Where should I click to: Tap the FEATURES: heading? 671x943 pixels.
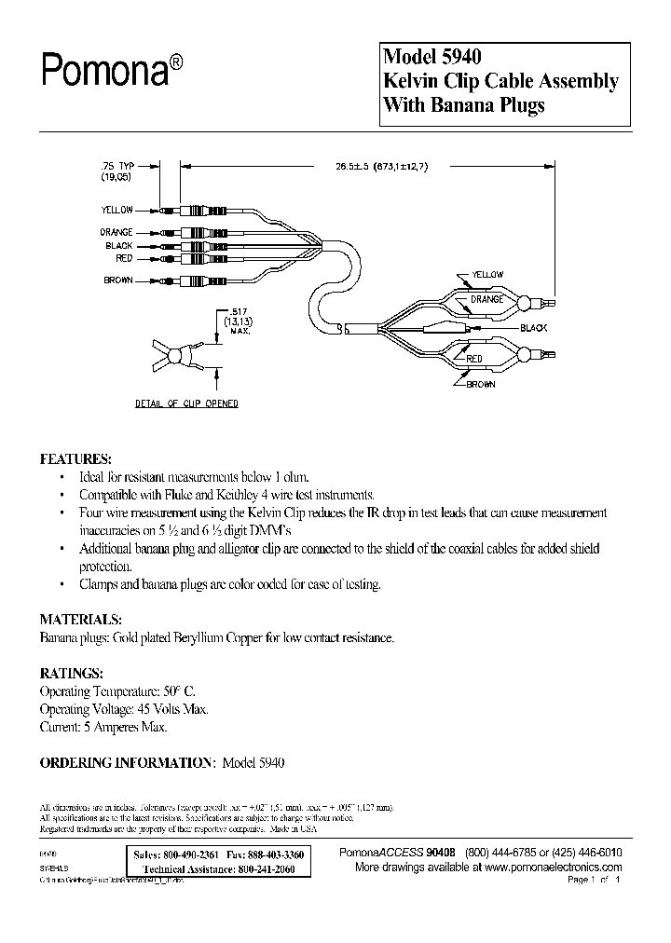point(75,459)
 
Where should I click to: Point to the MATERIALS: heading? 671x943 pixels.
point(80,619)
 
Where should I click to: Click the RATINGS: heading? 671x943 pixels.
point(72,672)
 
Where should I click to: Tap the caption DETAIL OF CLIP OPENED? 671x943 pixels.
point(186,403)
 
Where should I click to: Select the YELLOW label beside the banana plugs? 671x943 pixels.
point(118,211)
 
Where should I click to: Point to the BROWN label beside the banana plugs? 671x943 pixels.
point(118,280)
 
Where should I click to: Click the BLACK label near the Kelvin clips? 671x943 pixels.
point(533,328)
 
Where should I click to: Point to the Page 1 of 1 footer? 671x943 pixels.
point(593,880)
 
